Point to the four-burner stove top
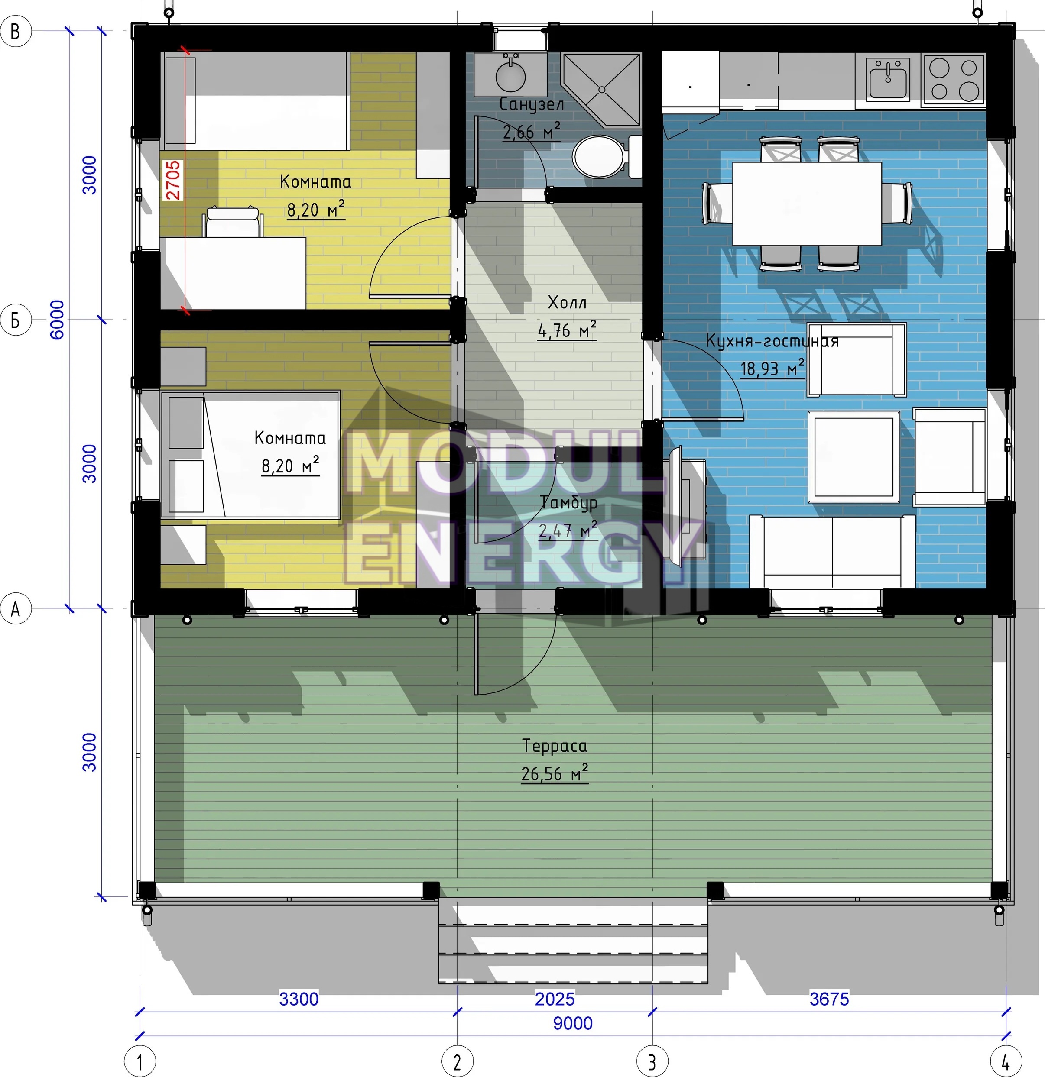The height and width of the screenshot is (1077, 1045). [x=954, y=79]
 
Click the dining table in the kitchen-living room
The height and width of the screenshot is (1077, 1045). [x=807, y=203]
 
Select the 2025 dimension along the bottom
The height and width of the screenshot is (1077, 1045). [x=555, y=999]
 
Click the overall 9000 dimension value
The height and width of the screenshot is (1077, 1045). [x=573, y=1023]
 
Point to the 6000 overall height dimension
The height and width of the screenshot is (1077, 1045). [x=57, y=319]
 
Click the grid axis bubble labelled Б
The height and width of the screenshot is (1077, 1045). [x=16, y=319]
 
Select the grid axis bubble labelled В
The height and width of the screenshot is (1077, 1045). [x=16, y=31]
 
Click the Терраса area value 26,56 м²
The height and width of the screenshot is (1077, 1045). [x=555, y=774]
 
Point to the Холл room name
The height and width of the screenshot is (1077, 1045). [x=567, y=302]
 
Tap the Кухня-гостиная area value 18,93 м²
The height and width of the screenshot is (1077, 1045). [x=772, y=368]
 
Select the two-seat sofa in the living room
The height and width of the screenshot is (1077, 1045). [x=832, y=552]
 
